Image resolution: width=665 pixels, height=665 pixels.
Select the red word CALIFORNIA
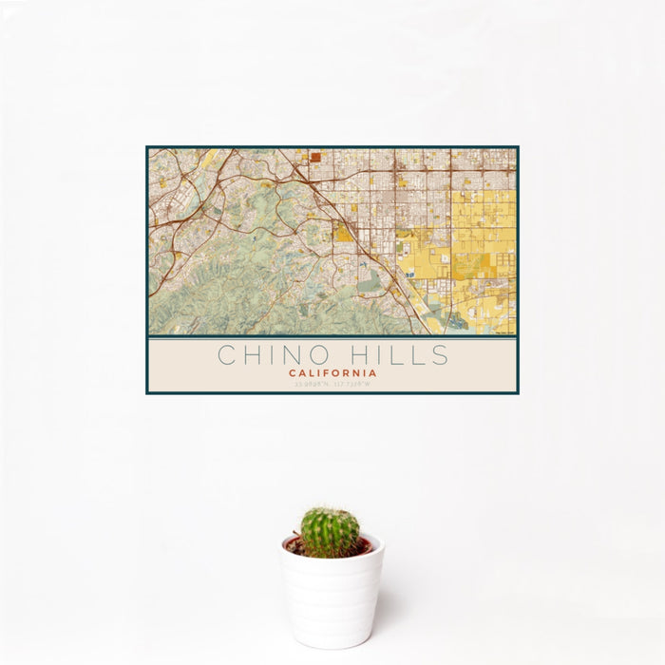[x=332, y=373]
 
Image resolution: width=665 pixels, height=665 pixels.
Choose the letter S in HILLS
[x=440, y=355]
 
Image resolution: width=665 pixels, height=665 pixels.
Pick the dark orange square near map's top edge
[x=314, y=158]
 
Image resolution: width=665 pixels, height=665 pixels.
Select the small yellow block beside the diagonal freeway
[x=342, y=232]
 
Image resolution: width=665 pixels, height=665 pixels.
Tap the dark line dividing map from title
[x=332, y=337]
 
